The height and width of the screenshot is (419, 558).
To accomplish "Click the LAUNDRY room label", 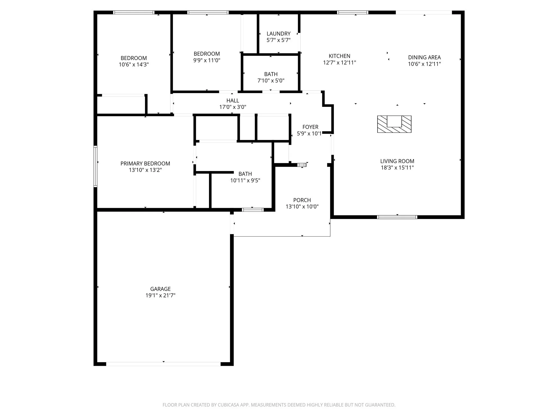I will [278, 34].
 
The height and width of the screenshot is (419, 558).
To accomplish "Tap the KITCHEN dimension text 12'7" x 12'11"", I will [339, 62].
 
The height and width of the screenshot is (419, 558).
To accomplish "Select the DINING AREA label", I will [424, 57].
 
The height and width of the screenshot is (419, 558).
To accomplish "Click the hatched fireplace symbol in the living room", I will [394, 124].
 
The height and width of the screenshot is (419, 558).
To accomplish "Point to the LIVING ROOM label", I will [397, 161].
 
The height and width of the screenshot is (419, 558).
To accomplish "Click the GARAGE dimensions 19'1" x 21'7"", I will [160, 295].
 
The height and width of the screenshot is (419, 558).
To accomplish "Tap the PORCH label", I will [302, 200].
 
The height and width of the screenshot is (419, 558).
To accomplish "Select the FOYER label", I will [310, 127].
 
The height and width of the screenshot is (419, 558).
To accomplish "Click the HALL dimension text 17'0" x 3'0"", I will [233, 107].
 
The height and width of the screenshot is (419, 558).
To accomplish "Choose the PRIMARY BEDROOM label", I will [145, 163].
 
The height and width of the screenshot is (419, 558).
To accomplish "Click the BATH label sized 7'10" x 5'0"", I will [271, 74].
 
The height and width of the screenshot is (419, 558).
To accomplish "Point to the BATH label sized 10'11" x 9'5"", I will [245, 174].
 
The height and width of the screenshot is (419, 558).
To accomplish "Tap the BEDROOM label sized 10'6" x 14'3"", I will [134, 58].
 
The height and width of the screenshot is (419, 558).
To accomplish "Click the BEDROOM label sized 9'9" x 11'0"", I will [207, 54].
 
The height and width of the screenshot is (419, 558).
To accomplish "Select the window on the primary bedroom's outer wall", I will [95, 166].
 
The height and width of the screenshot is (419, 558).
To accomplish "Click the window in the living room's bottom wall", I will [397, 217].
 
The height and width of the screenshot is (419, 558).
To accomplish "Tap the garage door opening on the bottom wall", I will [163, 364].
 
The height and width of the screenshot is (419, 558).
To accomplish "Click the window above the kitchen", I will [353, 13].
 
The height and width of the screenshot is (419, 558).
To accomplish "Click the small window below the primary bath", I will [253, 210].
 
